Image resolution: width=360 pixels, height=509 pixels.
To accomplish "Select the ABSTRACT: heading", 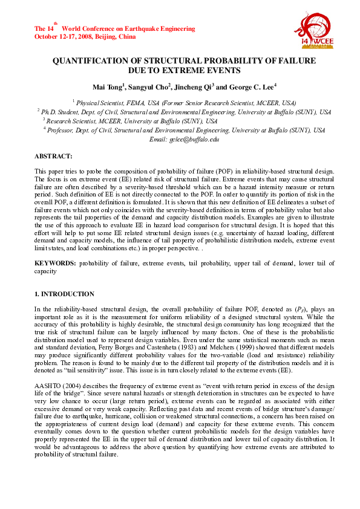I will point(54,156).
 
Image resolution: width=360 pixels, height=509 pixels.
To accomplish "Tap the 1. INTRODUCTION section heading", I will point(64,294).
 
